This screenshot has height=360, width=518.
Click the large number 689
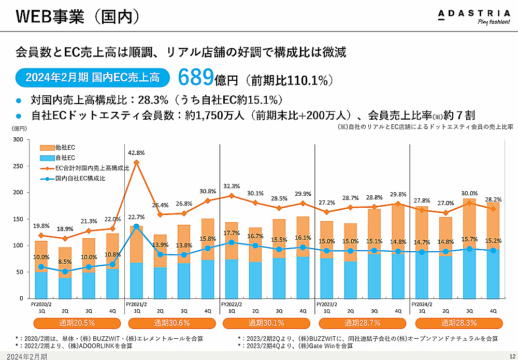coord(196,78)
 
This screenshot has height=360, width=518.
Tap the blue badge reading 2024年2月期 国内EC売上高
coord(93,78)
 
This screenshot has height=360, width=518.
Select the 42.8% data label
coord(136,153)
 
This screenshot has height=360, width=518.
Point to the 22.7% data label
coord(136,218)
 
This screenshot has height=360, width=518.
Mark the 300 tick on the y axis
coord(18,140)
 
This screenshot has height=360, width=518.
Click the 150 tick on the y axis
coord(18,219)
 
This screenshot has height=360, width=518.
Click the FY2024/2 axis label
coord(421,305)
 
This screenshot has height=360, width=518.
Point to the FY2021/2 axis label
coord(136,305)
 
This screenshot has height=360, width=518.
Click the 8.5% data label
coord(65,262)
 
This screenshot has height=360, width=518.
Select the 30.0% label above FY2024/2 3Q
coord(469,193)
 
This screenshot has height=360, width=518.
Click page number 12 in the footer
coord(512,356)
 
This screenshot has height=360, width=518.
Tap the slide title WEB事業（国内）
coord(78,17)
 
